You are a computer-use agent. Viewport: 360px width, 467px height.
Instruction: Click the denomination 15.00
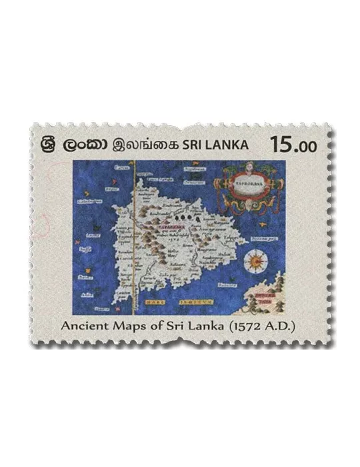(x=293, y=143)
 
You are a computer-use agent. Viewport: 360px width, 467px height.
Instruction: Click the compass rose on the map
(x=255, y=261)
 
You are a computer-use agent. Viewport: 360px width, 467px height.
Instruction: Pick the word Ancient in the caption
(x=85, y=327)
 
